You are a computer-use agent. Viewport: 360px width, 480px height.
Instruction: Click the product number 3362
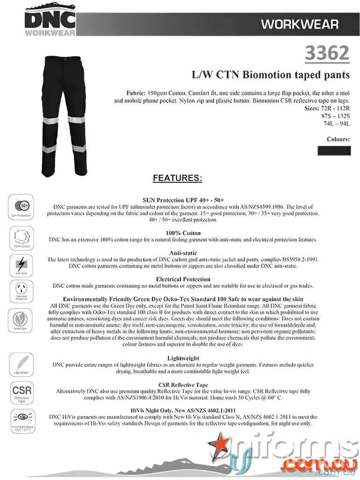(327, 54)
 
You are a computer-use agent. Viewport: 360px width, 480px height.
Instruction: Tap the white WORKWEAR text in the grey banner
(300, 24)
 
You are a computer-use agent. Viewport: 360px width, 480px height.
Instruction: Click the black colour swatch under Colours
(333, 151)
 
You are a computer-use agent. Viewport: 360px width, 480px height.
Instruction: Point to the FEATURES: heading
(178, 178)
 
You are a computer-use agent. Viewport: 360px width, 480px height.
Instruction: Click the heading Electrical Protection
(183, 279)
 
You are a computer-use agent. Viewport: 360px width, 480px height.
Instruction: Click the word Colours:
(338, 139)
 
